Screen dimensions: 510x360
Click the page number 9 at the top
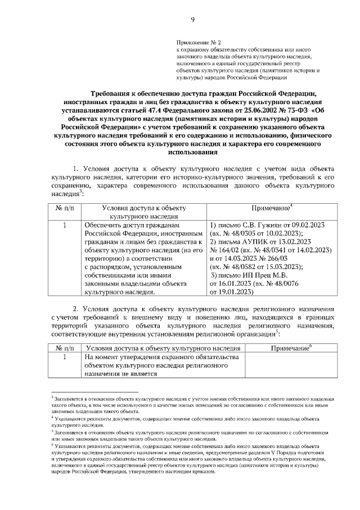[x=192, y=21]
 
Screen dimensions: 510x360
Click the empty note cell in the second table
[x=291, y=366]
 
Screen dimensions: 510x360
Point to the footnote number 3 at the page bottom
[x=52, y=397]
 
